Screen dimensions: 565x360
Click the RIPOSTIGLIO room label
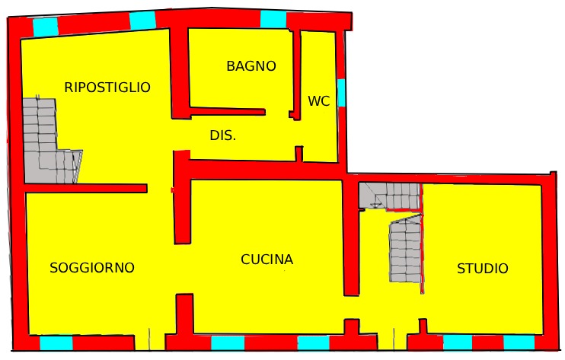[107, 88]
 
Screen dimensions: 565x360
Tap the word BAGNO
[251, 66]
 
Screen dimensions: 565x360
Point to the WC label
[319, 101]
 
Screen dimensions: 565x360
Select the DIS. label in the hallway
[223, 135]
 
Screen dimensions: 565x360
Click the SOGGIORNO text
[92, 268]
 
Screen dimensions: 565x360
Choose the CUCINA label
[267, 260]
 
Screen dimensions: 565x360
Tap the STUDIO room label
[483, 269]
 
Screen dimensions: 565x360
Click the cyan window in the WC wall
[341, 93]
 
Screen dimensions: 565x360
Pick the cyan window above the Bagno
[273, 19]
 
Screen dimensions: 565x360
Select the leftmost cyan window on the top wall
[46, 27]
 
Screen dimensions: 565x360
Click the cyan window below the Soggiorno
[56, 342]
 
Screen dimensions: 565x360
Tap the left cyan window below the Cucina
[228, 342]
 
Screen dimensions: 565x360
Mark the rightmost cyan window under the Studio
[519, 342]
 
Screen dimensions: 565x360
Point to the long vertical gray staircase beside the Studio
[406, 249]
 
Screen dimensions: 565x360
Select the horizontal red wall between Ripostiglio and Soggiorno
[86, 188]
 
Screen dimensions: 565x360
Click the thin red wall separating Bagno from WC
[296, 75]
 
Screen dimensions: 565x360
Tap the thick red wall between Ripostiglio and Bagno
[180, 73]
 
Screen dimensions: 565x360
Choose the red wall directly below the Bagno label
[228, 112]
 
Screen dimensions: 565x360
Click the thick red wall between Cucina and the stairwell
[351, 236]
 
